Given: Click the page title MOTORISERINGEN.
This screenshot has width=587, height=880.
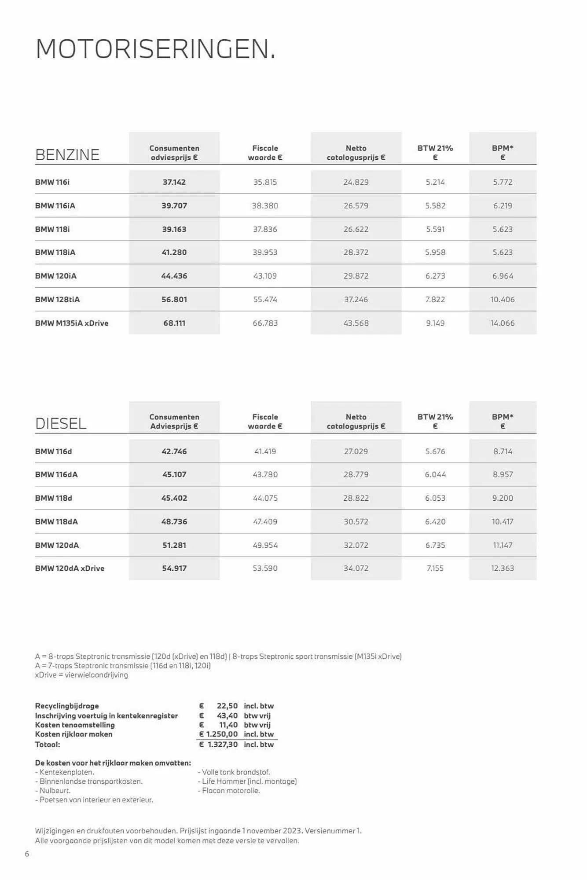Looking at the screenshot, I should coord(155,49).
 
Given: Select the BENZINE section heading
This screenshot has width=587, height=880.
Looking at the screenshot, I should coord(67,155).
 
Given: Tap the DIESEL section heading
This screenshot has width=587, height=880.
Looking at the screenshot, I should coord(61,424).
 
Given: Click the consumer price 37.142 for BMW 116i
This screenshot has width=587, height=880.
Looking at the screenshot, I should coord(174,182).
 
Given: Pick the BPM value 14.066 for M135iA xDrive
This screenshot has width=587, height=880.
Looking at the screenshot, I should coord(502,323).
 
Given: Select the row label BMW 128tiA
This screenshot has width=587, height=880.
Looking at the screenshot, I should coord(57,300).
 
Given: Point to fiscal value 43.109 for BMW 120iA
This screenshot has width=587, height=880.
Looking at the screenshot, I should coord(265,276).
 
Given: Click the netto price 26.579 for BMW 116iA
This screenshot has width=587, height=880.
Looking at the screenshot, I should coord(356,205).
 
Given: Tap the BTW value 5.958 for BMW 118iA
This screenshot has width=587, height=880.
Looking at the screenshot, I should coord(435,253).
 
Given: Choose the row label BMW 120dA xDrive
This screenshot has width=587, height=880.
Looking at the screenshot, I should coord(70,568).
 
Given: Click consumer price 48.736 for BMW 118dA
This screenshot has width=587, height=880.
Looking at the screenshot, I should coord(174,521).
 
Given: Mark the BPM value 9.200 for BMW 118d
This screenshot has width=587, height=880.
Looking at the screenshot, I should coord(503,498).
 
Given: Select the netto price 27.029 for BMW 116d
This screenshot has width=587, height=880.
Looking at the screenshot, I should coord(356,451).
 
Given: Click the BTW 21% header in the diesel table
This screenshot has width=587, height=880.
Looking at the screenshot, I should coord(435,421).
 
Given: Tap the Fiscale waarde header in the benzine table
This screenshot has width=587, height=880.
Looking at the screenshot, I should coord(265,153).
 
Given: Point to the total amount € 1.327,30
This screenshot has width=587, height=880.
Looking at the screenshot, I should coord(219,744).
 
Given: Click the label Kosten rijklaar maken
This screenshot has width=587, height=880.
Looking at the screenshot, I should coord(73,734).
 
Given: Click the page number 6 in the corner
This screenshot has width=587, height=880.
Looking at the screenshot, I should coord(27,854).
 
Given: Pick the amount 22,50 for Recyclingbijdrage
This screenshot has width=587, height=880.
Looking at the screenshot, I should coord(227,706).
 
